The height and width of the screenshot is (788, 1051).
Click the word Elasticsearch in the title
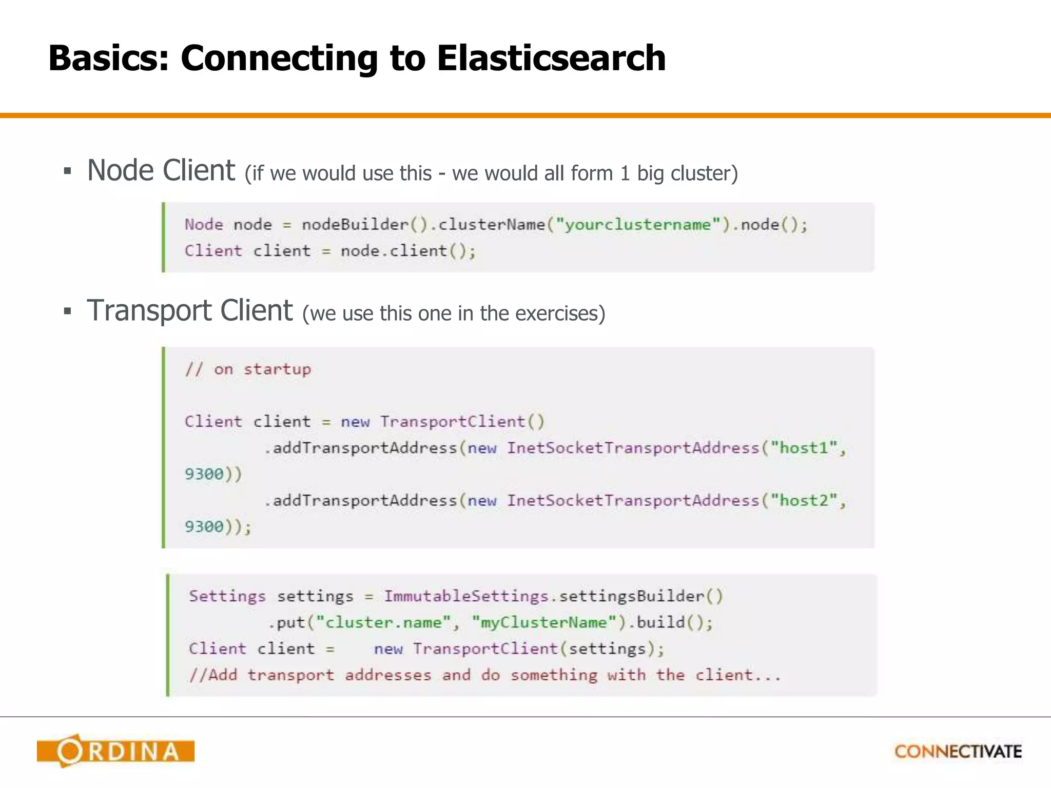pos(551,58)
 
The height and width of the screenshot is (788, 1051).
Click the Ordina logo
pos(116,751)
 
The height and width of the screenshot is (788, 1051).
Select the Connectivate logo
pos(958,752)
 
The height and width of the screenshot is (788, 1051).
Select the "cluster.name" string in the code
pos(383,622)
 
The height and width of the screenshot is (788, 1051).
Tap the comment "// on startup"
pos(248,369)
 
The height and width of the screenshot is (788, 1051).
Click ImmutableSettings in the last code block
pos(466,596)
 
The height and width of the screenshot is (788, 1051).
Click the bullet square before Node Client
pos(67,171)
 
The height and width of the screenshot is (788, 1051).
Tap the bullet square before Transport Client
pos(67,311)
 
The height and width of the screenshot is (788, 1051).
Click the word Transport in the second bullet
pos(149,310)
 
